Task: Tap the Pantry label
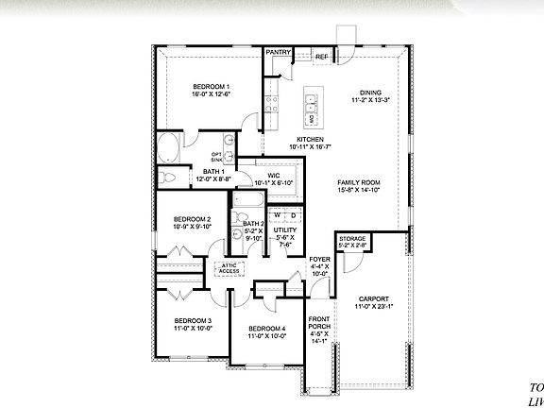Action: coord(278,52)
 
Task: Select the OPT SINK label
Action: coord(217,157)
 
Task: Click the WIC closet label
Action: coord(273,175)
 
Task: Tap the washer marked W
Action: coord(279,215)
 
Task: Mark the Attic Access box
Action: coord(229,268)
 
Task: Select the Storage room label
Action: coord(353,240)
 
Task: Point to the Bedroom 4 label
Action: coord(266,329)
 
